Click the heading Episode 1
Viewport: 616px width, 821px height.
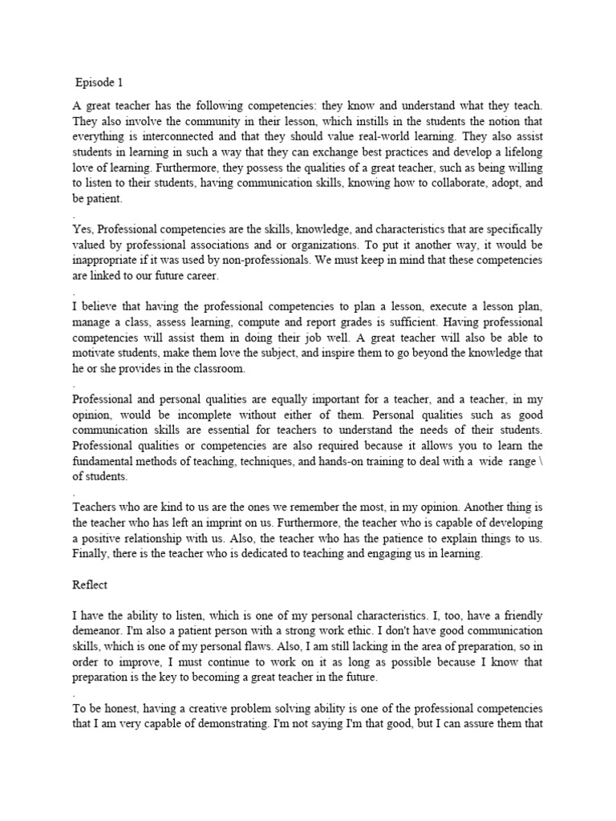click(x=100, y=82)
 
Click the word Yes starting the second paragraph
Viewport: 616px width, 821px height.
click(x=83, y=229)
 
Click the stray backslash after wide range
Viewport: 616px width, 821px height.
click(x=541, y=460)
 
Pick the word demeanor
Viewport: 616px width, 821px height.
click(x=100, y=631)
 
